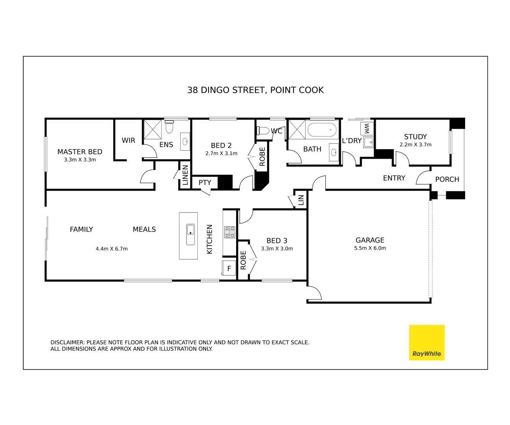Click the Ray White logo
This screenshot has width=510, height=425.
click(x=427, y=342)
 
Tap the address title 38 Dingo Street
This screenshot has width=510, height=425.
click(x=255, y=90)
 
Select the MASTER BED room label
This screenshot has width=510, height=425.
click(x=80, y=152)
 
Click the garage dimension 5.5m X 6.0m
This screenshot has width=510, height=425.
click(x=370, y=248)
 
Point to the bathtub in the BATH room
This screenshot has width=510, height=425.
click(x=322, y=129)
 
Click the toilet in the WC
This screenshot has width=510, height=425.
click(x=262, y=131)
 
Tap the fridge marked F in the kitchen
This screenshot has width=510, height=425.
click(x=229, y=268)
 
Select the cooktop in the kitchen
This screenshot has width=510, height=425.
click(x=229, y=232)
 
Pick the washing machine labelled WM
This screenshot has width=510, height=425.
click(x=367, y=128)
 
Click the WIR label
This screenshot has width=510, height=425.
click(x=128, y=140)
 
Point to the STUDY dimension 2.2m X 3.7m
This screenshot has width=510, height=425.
click(x=416, y=145)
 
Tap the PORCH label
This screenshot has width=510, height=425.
click(x=447, y=179)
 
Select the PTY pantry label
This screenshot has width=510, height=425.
click(x=205, y=183)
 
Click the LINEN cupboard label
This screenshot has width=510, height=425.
click(x=185, y=175)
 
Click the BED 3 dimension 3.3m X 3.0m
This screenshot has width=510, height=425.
click(x=277, y=249)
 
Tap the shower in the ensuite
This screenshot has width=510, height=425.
click(x=153, y=130)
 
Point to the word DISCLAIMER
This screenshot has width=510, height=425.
click(x=67, y=342)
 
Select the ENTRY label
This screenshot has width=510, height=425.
click(x=394, y=178)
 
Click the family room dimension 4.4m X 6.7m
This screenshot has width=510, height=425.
click(x=112, y=249)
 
